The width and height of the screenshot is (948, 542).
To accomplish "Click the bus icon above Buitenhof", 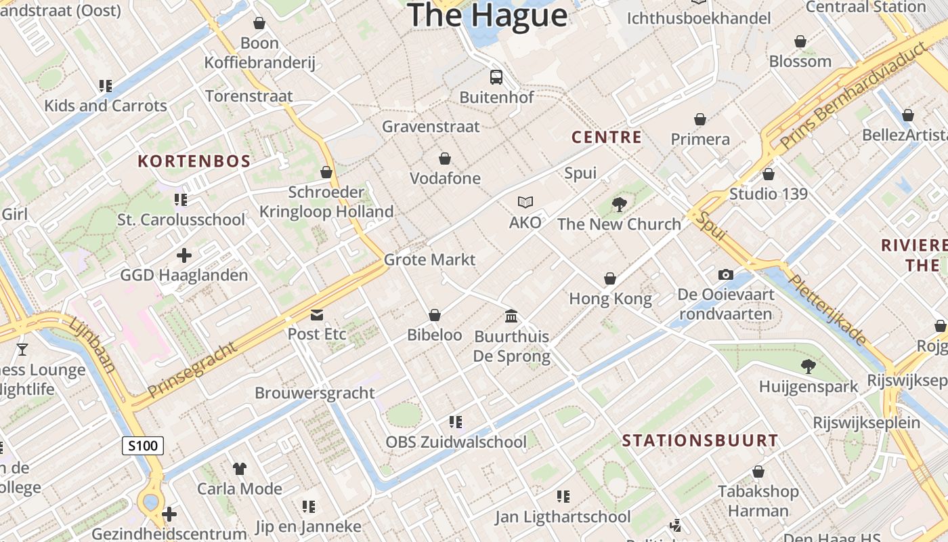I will point(496,77).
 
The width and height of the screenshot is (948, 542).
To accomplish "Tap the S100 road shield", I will point(143,446).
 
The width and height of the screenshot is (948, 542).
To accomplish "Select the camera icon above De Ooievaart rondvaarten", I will point(726,274).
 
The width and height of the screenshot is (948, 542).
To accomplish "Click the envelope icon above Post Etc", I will point(317,314).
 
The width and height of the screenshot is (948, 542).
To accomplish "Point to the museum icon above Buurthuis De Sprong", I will point(511,316).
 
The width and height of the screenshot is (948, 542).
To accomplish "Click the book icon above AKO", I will point(525,202).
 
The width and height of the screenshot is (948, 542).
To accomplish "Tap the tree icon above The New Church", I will point(619,204).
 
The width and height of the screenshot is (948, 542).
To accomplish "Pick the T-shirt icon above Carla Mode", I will point(240,468).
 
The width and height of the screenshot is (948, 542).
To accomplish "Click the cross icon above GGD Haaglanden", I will point(184,255).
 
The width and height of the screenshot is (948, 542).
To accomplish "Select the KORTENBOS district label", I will point(194,161).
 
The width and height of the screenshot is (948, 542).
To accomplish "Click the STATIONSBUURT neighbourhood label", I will point(700,440).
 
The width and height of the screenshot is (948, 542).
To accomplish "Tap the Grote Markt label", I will point(429,259).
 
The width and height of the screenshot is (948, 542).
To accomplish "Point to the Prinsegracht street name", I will point(193,369).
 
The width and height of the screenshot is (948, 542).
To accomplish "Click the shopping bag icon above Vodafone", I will point(445,159).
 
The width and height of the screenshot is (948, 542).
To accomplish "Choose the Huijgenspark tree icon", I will point(808,367).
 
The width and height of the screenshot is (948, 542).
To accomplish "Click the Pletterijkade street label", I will point(828,310).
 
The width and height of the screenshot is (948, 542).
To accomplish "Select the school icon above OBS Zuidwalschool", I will point(456,422).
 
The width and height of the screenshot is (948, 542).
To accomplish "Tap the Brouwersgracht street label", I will point(314,393).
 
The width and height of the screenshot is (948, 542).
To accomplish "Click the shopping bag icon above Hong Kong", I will point(610,278).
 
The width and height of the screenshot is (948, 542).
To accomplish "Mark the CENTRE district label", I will point(607,138).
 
